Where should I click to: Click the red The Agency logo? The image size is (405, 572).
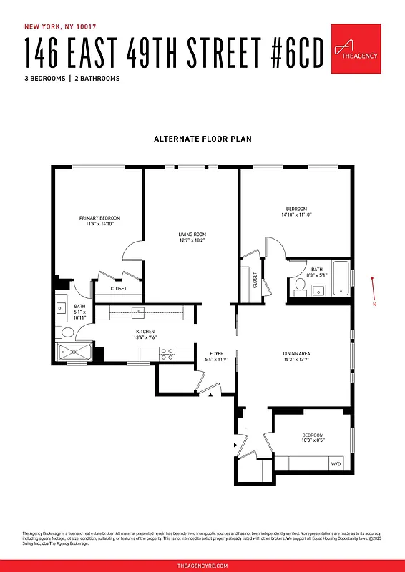(356, 49)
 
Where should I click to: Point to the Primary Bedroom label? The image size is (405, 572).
(99, 218)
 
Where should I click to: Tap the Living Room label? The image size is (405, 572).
(192, 235)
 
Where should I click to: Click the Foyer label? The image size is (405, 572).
(217, 353)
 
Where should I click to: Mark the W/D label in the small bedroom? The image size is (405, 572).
(336, 464)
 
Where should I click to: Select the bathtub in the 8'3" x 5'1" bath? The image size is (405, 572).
(341, 278)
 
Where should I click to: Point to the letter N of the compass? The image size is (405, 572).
(374, 305)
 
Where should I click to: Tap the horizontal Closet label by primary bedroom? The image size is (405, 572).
(119, 289)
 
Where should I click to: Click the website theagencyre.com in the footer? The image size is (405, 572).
(202, 565)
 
